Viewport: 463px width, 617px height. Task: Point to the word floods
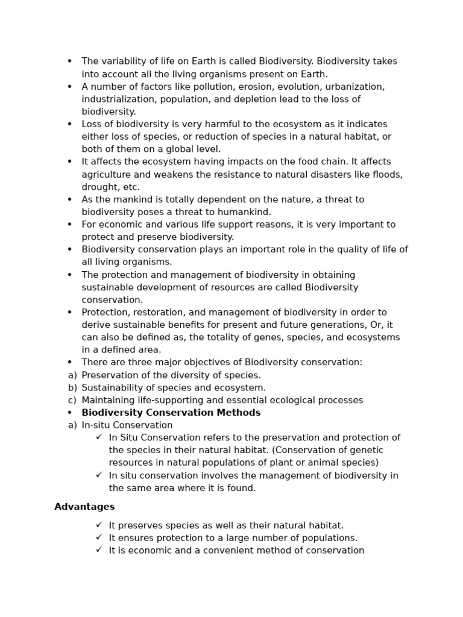(386, 175)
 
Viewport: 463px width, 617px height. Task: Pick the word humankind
(245, 212)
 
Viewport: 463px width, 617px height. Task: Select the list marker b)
(72, 387)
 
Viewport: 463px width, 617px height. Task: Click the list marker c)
(72, 400)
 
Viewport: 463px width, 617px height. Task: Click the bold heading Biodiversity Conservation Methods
(171, 413)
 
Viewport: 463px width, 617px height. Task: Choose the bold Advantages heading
(84, 507)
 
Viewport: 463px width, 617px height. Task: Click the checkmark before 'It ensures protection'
(99, 537)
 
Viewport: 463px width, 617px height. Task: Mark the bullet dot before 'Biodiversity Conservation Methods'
(69, 413)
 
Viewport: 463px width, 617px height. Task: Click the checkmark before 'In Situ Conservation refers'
(99, 437)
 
